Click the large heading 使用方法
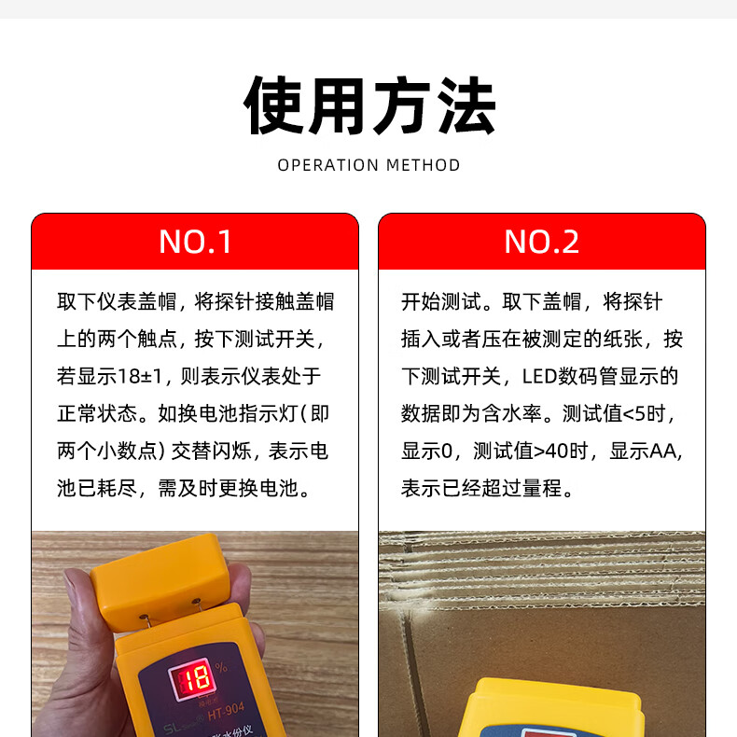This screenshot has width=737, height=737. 369,105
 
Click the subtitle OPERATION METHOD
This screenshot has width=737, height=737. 369,165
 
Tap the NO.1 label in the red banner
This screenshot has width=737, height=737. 195,242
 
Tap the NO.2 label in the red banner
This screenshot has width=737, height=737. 541,242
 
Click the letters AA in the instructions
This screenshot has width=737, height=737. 662,452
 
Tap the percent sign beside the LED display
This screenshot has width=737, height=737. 221,666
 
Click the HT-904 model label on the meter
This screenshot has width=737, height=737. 226,712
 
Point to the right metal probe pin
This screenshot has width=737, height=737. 196,604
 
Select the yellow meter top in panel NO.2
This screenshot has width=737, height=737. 550,708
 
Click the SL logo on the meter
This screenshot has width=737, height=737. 172,729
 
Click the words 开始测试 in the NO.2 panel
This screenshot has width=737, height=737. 441,301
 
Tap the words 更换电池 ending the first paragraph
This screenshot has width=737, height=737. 258,488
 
